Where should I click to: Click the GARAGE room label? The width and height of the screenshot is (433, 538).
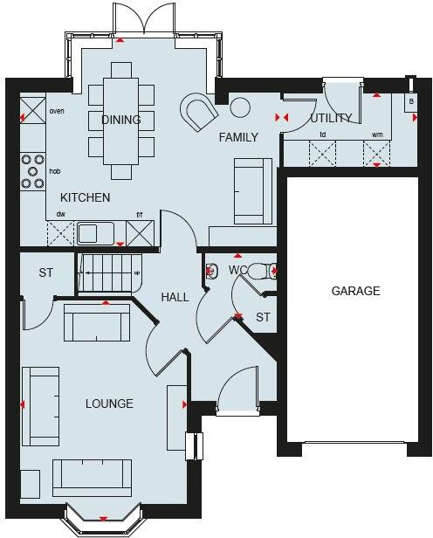tap(355, 291)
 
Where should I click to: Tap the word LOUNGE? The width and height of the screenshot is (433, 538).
tap(109, 403)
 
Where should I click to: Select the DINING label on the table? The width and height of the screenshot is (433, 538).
tap(121, 120)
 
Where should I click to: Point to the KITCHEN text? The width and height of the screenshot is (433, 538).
tap(85, 197)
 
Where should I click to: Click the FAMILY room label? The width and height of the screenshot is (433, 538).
tap(238, 137)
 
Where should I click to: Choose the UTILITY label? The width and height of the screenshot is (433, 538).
tap(331, 118)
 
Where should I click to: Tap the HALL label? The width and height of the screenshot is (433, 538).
tap(175, 297)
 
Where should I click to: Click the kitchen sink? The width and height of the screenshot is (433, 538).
tap(90, 233)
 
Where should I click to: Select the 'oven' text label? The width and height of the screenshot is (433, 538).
tap(58, 111)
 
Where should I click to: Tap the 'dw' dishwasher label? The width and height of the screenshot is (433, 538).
tap(61, 214)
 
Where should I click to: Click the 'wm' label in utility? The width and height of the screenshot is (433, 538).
tap(377, 134)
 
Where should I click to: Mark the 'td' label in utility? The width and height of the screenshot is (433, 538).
tap(322, 134)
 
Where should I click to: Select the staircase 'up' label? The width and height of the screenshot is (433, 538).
tap(136, 272)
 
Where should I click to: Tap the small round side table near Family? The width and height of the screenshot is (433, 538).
tap(239, 107)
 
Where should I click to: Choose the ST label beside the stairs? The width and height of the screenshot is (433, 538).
tap(45, 273)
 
